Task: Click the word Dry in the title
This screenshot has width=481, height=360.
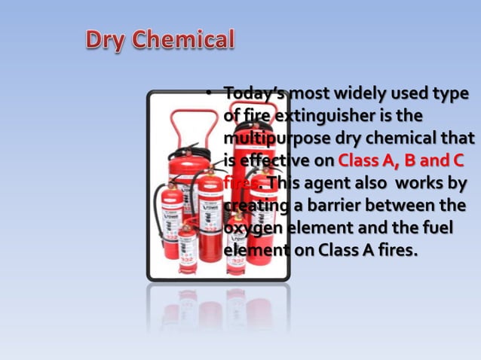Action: [106, 39]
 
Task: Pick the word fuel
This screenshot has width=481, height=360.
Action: [440, 227]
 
